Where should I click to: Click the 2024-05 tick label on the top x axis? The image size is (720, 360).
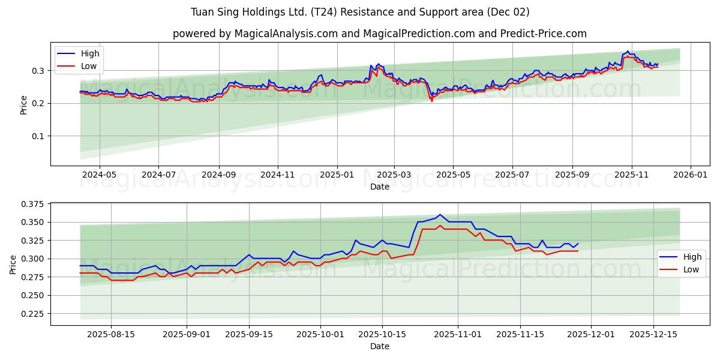99,174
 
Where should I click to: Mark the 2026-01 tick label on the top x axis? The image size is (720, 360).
691,174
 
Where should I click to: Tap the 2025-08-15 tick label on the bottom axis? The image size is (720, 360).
111,334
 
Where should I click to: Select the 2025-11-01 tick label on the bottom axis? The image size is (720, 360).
458,334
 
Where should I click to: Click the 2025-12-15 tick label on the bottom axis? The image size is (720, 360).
653,334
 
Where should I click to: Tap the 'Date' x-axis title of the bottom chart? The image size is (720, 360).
379,346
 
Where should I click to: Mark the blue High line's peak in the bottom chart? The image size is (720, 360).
440,214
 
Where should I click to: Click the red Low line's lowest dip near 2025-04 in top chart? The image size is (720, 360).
431,101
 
